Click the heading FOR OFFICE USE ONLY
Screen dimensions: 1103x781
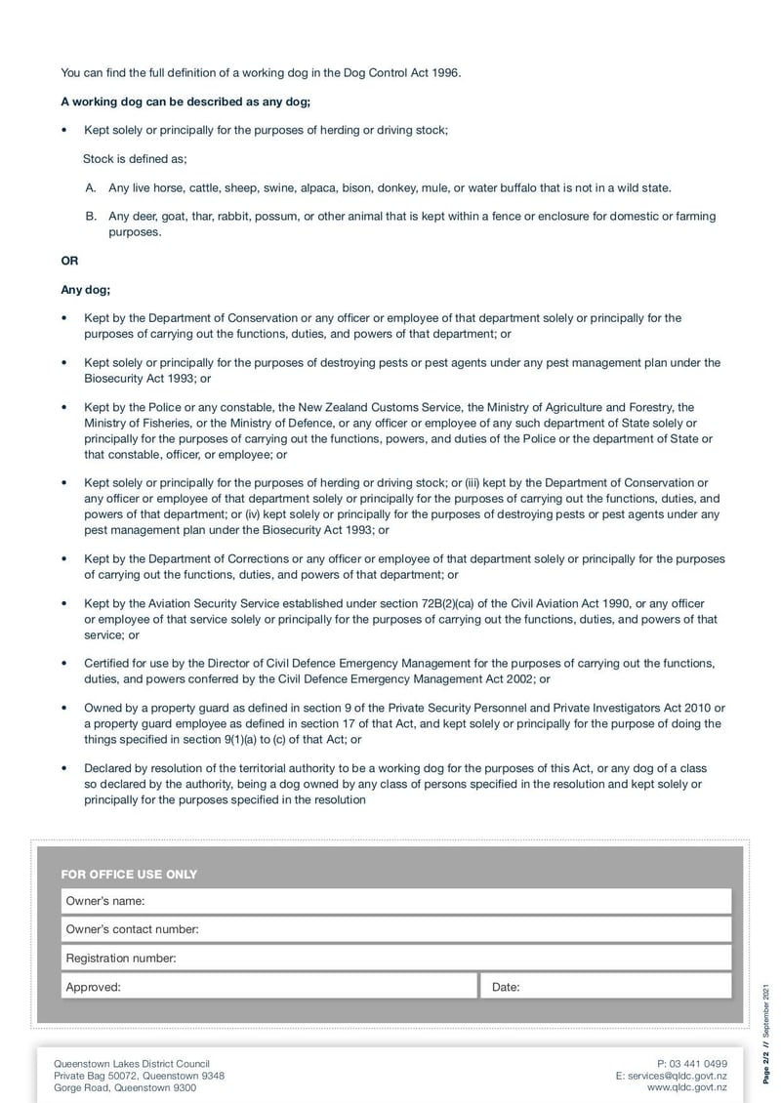point(129,874)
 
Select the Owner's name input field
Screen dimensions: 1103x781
point(395,901)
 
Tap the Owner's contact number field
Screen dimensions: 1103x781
point(395,929)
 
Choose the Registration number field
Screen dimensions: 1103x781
point(395,959)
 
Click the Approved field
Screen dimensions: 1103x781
point(269,987)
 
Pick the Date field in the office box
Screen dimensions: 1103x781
point(605,987)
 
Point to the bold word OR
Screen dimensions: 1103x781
point(69,262)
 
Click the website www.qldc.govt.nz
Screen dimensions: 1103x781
point(687,1086)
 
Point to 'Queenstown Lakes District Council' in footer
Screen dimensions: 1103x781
point(132,1063)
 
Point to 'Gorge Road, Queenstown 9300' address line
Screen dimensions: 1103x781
point(125,1086)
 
